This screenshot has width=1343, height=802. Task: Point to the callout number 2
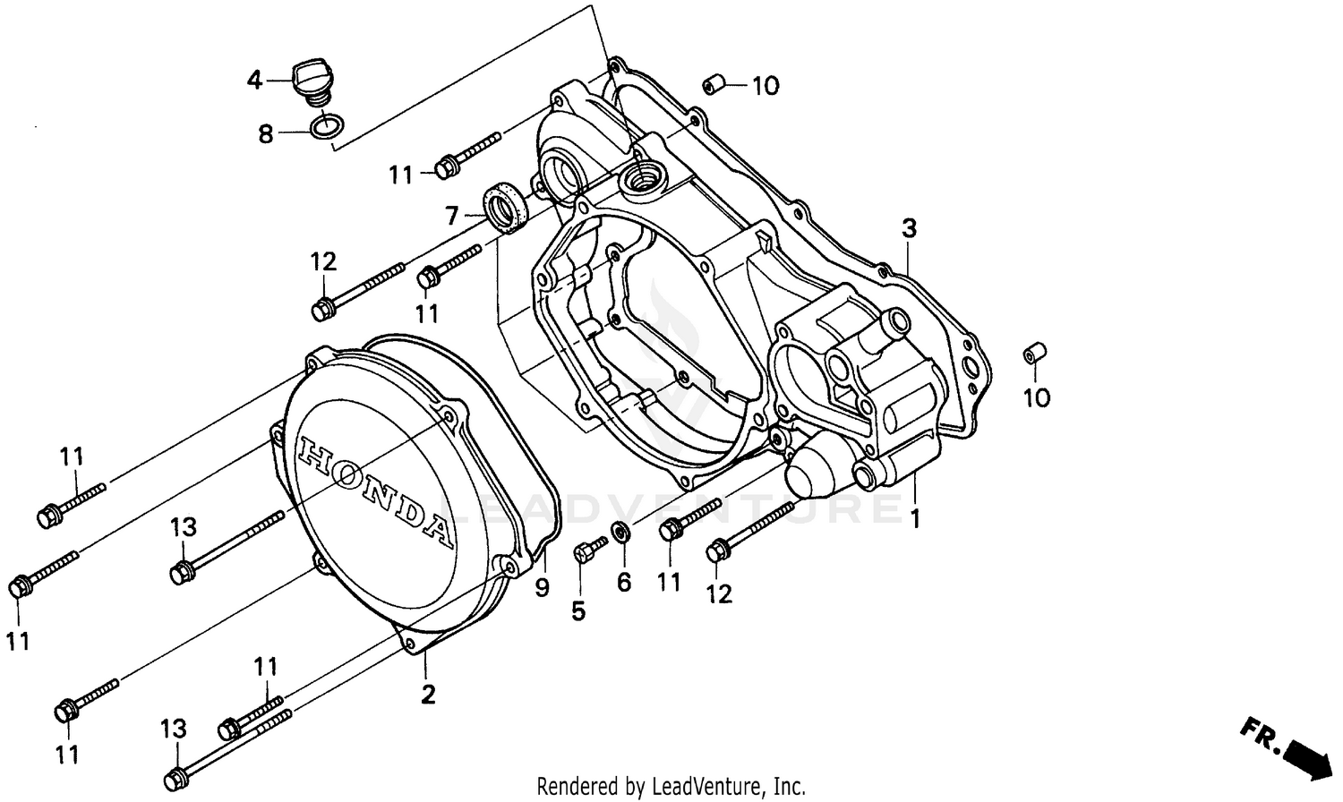(x=428, y=694)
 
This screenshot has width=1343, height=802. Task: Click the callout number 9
(x=542, y=588)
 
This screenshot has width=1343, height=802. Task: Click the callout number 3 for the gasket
(x=909, y=228)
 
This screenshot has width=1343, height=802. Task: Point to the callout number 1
(x=915, y=518)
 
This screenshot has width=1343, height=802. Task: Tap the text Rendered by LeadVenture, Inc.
(x=671, y=787)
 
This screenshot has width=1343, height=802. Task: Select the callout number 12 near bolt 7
(x=323, y=262)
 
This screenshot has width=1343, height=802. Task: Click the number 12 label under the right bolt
(x=719, y=593)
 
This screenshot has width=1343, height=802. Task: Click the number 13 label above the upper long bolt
(x=184, y=527)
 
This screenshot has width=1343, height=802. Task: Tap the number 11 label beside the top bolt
(x=401, y=175)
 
